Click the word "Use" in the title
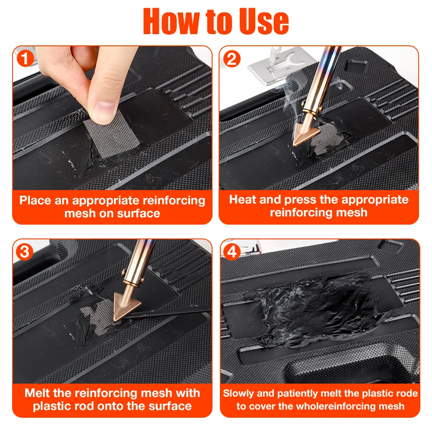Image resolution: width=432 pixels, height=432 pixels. (x=264, y=21)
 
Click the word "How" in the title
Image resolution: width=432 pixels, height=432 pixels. (x=172, y=21)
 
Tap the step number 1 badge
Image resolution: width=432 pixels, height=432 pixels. (x=25, y=58)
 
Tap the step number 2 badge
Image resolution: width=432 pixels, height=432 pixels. (x=232, y=59)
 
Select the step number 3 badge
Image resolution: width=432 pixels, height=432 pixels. (x=24, y=251)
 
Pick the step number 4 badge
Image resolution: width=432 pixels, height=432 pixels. (x=232, y=251)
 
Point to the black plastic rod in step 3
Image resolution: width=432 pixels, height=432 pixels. (x=168, y=312)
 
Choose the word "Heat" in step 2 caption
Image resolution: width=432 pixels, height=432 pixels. (x=242, y=199)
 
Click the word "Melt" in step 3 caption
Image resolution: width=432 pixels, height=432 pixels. (x=38, y=393)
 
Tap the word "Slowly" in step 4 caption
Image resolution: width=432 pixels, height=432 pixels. (x=238, y=394)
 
